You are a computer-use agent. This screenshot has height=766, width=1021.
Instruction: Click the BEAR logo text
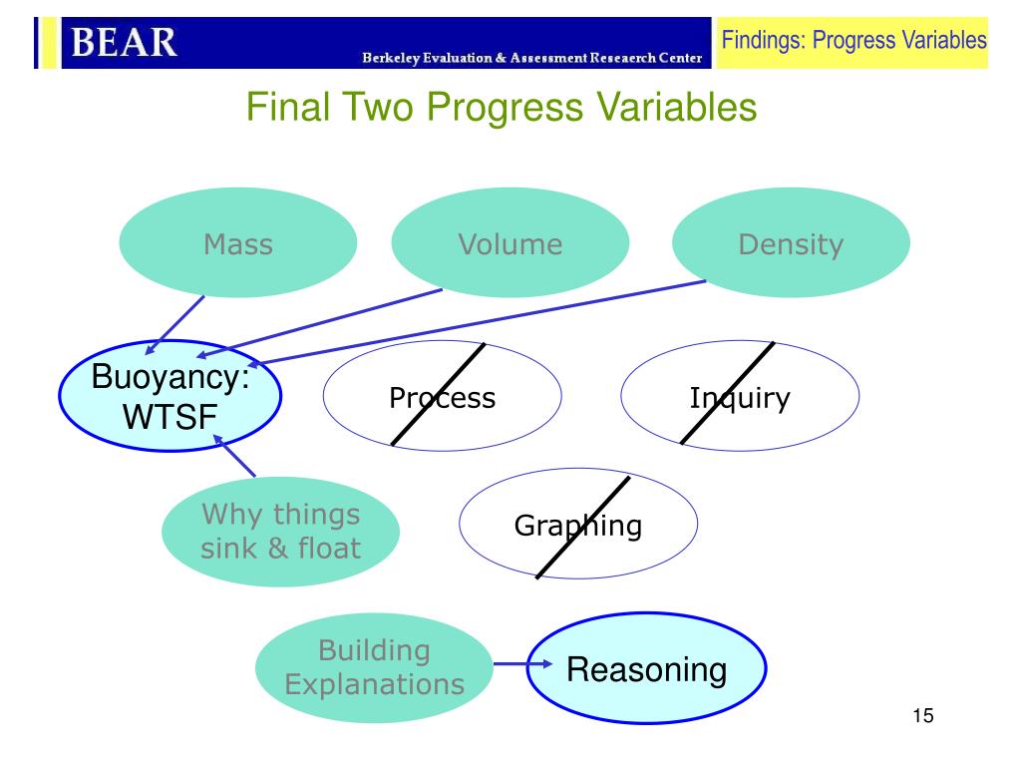pos(124,43)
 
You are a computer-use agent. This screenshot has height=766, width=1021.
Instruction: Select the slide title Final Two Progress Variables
pos(502,106)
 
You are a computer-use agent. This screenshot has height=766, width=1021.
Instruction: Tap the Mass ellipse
pos(237,242)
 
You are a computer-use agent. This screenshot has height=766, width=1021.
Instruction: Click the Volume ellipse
pos(510,242)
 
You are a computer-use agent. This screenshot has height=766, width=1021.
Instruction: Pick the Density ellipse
pos(791,242)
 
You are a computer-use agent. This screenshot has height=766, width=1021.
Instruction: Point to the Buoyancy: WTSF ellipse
pos(170,395)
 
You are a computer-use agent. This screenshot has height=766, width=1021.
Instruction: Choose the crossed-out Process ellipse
pos(442,395)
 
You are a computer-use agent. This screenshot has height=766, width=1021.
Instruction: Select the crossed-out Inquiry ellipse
pos(740,395)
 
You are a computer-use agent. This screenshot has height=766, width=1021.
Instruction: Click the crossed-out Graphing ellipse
pos(578,523)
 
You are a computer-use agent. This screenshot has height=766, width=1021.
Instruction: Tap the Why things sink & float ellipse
pos(280,532)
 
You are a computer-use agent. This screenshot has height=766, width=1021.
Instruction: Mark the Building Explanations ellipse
pos(375,667)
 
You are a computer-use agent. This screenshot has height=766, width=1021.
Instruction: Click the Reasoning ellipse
pos(646,667)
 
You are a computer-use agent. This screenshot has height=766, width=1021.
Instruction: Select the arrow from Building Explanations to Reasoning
pos(522,663)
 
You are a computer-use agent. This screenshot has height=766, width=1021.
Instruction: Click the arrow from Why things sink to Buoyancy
pos(234,456)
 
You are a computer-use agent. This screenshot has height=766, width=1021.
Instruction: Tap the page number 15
pos(922,716)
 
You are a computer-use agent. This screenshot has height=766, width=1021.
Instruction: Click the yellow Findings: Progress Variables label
pos(853,42)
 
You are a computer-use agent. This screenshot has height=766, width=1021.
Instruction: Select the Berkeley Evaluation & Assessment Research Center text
pos(532,58)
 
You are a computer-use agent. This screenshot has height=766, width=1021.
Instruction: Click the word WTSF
pos(170,417)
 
